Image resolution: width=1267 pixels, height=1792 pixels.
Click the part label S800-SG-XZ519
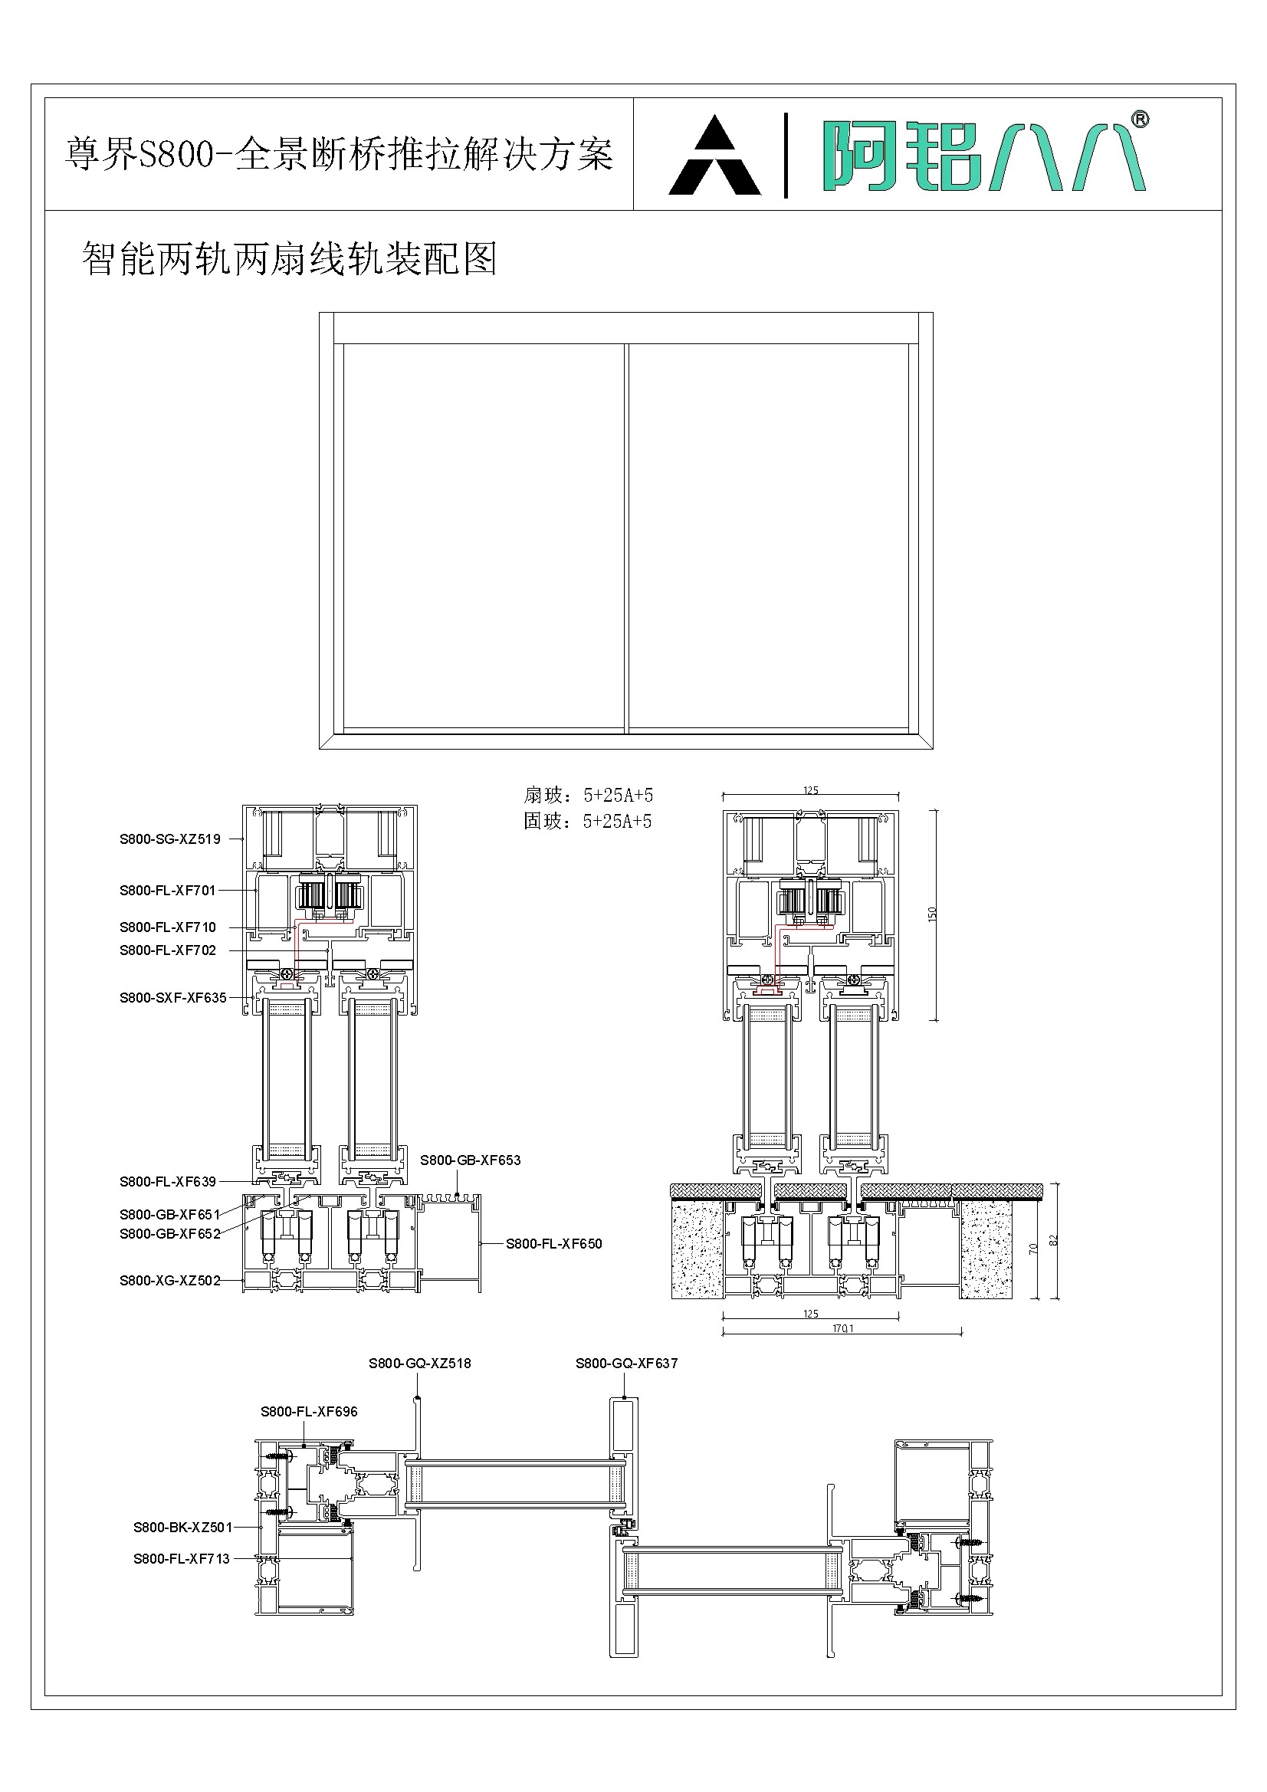coord(169,839)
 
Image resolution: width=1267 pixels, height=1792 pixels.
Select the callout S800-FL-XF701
coord(167,890)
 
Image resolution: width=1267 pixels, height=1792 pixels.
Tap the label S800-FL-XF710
coord(167,927)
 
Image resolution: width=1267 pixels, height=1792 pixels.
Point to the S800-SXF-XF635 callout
coord(172,997)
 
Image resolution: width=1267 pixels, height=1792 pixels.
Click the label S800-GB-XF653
coord(470,1160)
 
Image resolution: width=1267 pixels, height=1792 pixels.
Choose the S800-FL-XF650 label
coord(553,1244)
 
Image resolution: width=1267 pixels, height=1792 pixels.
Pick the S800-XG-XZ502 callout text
coord(169,1281)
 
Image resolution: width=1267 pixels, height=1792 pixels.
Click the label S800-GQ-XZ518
coord(420,1364)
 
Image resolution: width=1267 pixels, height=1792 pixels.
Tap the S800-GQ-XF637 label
coord(626,1364)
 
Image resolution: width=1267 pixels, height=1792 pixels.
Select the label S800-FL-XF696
coord(309,1412)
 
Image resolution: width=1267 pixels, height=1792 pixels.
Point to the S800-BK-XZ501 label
coord(182,1528)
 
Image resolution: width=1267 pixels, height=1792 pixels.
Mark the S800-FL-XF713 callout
coord(181,1559)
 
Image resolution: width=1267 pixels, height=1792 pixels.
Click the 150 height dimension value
coord(932,914)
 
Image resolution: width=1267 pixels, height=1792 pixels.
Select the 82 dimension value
coord(1053,1239)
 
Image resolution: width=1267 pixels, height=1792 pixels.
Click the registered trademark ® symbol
coord(1140,120)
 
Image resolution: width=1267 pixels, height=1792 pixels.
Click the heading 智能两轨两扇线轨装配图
coord(290,258)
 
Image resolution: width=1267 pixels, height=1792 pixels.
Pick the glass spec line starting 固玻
coord(587,821)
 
